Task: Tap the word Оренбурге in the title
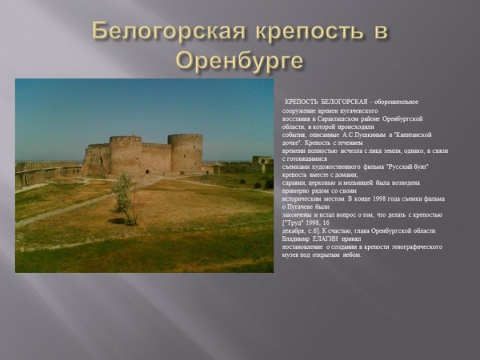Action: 240,60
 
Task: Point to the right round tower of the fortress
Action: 185,152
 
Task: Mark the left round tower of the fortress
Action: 126,154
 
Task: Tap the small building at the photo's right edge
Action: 262,162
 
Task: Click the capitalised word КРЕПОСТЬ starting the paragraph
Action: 302,102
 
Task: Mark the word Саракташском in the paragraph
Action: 336,118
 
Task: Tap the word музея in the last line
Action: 292,255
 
